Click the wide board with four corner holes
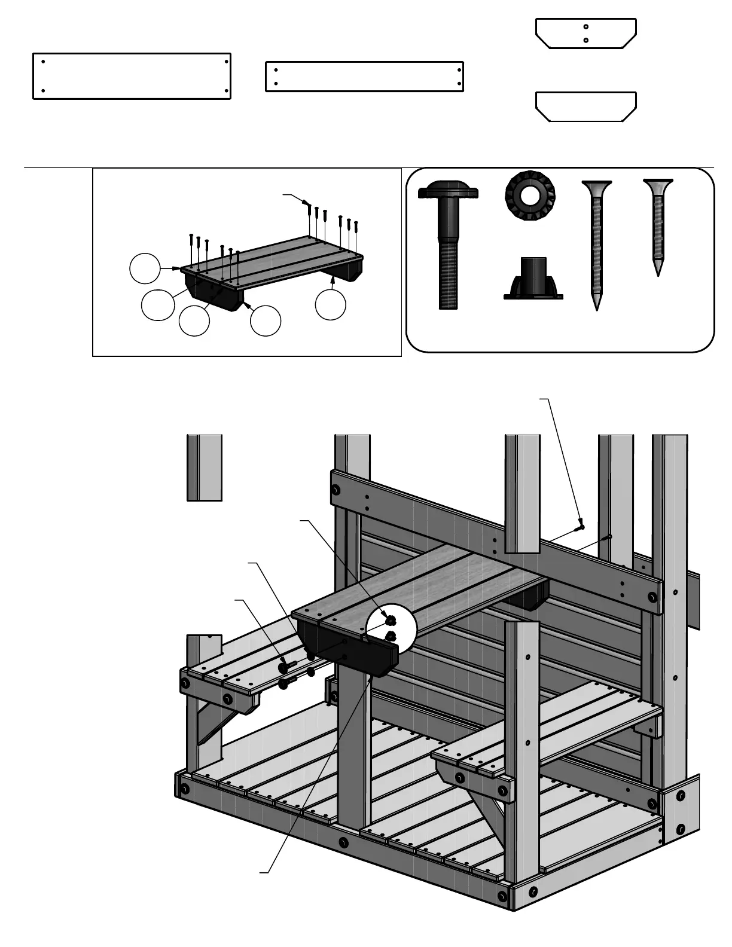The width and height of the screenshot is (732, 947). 132,76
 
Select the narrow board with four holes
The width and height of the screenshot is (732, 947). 364,77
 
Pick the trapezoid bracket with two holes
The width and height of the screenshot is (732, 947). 585,33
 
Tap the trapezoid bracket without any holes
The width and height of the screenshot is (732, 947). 585,107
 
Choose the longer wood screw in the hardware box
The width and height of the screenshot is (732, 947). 596,245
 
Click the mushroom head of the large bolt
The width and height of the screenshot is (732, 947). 448,192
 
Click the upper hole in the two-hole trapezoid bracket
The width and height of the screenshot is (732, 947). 586,26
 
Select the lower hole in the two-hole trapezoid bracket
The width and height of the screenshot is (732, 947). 586,40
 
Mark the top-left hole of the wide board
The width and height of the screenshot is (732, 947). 44,61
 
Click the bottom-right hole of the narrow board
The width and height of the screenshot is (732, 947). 459,84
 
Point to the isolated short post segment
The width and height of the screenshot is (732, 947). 205,468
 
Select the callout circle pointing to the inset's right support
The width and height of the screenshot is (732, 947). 330,304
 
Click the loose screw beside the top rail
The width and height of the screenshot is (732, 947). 580,526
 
